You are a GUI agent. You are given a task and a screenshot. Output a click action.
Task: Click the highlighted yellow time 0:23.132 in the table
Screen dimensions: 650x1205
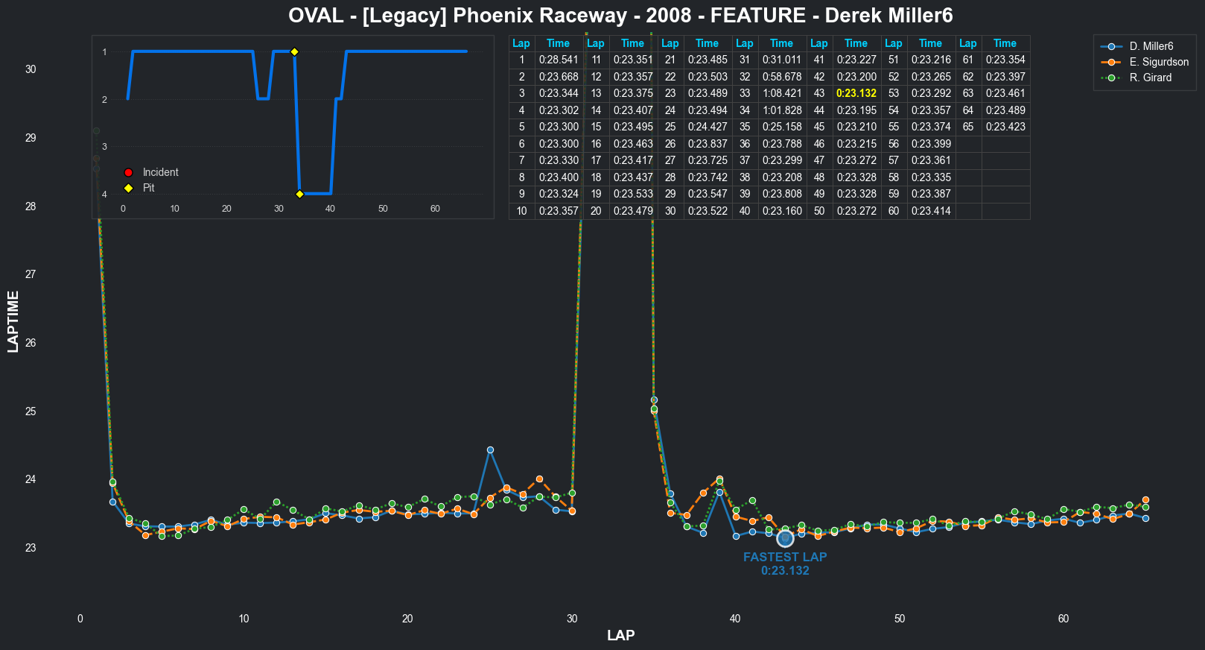[x=856, y=93]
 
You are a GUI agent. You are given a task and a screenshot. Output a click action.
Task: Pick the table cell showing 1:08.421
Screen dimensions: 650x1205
[x=782, y=93]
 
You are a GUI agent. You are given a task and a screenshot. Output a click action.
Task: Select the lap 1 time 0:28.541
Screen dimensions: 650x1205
[x=559, y=60]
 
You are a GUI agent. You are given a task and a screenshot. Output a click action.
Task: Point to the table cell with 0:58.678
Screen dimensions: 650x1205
[x=782, y=77]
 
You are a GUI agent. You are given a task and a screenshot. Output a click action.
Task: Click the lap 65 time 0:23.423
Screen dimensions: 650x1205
[x=1005, y=127]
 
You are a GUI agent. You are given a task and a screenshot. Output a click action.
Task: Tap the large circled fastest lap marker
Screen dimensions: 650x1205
[x=785, y=538]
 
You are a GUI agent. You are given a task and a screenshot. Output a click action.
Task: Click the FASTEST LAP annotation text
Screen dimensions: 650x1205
[x=785, y=557]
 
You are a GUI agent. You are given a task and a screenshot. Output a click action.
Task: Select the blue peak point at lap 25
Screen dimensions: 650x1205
[x=490, y=450]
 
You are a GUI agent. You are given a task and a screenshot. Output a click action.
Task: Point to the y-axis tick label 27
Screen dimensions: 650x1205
[x=31, y=274]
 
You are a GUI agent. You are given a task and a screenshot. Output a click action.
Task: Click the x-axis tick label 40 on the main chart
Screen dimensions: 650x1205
[x=735, y=619]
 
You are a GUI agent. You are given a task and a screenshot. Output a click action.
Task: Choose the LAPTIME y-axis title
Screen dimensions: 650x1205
[x=13, y=321]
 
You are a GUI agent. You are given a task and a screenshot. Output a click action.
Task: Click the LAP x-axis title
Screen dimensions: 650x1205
[x=620, y=635]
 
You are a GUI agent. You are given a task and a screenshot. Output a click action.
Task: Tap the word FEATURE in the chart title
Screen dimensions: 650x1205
[x=758, y=16]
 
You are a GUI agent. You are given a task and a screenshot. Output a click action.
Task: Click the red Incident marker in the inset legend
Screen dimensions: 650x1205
[x=128, y=173]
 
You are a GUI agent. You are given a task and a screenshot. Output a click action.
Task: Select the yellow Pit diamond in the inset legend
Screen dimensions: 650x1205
[x=128, y=189]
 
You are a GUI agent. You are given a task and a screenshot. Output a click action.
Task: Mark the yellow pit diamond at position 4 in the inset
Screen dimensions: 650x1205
[x=299, y=194]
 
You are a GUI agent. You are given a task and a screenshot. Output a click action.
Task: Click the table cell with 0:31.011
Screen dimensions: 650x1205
[x=782, y=60]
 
